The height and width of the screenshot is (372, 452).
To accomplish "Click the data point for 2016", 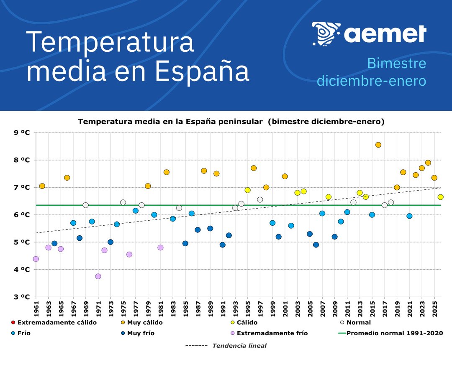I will (x=378, y=145).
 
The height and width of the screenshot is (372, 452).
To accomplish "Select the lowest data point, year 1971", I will (x=98, y=276).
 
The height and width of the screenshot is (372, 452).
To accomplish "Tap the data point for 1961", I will (x=36, y=259).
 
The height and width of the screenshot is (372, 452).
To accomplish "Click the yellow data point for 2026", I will (x=441, y=197).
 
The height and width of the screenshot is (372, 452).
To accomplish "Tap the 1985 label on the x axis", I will (x=186, y=308).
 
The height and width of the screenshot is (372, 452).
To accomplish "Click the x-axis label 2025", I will (x=435, y=308).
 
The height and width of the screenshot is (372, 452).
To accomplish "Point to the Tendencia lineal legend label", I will (x=239, y=346).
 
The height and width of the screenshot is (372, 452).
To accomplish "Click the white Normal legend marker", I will (x=342, y=323).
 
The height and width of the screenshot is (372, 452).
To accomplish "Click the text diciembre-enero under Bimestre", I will (x=371, y=80).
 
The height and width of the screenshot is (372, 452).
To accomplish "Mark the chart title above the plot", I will (x=231, y=122).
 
